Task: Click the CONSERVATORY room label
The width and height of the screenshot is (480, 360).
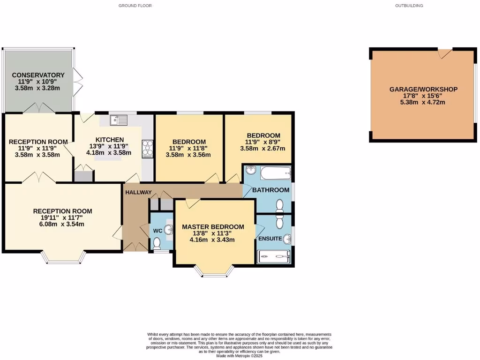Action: (38, 75)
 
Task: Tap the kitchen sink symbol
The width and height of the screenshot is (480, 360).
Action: (119, 120)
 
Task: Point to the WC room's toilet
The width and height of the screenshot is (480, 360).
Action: (157, 243)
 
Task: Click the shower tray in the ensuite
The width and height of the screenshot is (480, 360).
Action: (274, 257)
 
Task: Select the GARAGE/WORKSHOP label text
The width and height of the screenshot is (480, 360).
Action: (423, 89)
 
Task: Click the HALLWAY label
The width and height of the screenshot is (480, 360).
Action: (138, 192)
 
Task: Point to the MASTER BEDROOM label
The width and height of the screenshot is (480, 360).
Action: (213, 227)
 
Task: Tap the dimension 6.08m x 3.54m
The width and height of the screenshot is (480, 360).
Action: (62, 224)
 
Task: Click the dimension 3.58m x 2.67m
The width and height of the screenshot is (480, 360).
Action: (262, 149)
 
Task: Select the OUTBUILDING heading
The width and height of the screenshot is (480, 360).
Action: (409, 6)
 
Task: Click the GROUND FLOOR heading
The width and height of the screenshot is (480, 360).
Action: (135, 6)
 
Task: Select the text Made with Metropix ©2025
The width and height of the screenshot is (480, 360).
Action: (240, 356)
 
